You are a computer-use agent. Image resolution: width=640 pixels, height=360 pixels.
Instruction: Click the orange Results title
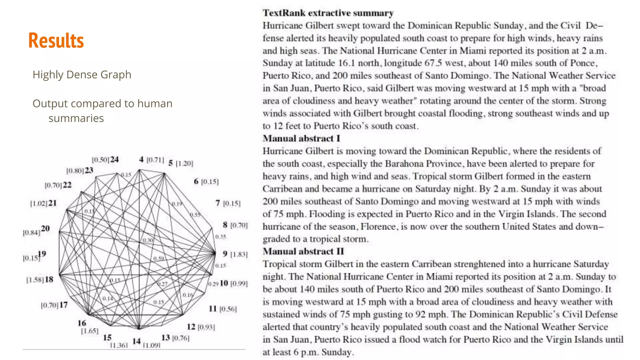tap(56, 41)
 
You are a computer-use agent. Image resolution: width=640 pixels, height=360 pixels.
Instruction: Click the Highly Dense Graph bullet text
tap(82, 75)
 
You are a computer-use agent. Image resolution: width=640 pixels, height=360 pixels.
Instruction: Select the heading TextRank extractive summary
tap(328, 13)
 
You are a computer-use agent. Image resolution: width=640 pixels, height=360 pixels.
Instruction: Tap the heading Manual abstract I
tap(301, 138)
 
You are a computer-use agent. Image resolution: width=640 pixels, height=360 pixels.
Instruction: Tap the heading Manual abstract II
tap(303, 252)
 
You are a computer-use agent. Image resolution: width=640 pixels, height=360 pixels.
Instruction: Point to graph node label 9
tap(225, 254)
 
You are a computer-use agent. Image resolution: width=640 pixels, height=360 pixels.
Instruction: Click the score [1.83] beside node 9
tap(239, 254)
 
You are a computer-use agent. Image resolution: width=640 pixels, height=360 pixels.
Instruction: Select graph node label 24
tap(114, 159)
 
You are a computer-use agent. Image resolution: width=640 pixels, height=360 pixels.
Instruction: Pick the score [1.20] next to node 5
tap(184, 163)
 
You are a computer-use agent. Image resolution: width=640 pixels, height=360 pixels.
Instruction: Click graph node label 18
tap(49, 279)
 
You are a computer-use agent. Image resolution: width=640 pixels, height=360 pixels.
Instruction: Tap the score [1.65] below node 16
tap(90, 331)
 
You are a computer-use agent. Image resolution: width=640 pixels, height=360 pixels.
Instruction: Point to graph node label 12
tap(191, 327)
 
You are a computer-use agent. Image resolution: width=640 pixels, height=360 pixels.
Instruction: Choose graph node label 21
tap(52, 203)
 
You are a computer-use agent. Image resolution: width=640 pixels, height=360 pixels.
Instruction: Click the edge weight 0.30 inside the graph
tap(148, 240)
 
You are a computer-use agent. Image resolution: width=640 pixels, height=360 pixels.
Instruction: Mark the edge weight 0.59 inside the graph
tap(159, 258)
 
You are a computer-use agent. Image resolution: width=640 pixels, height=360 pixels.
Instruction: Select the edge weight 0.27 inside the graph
tap(162, 284)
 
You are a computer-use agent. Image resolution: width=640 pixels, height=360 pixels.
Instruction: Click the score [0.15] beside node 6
tap(210, 182)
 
